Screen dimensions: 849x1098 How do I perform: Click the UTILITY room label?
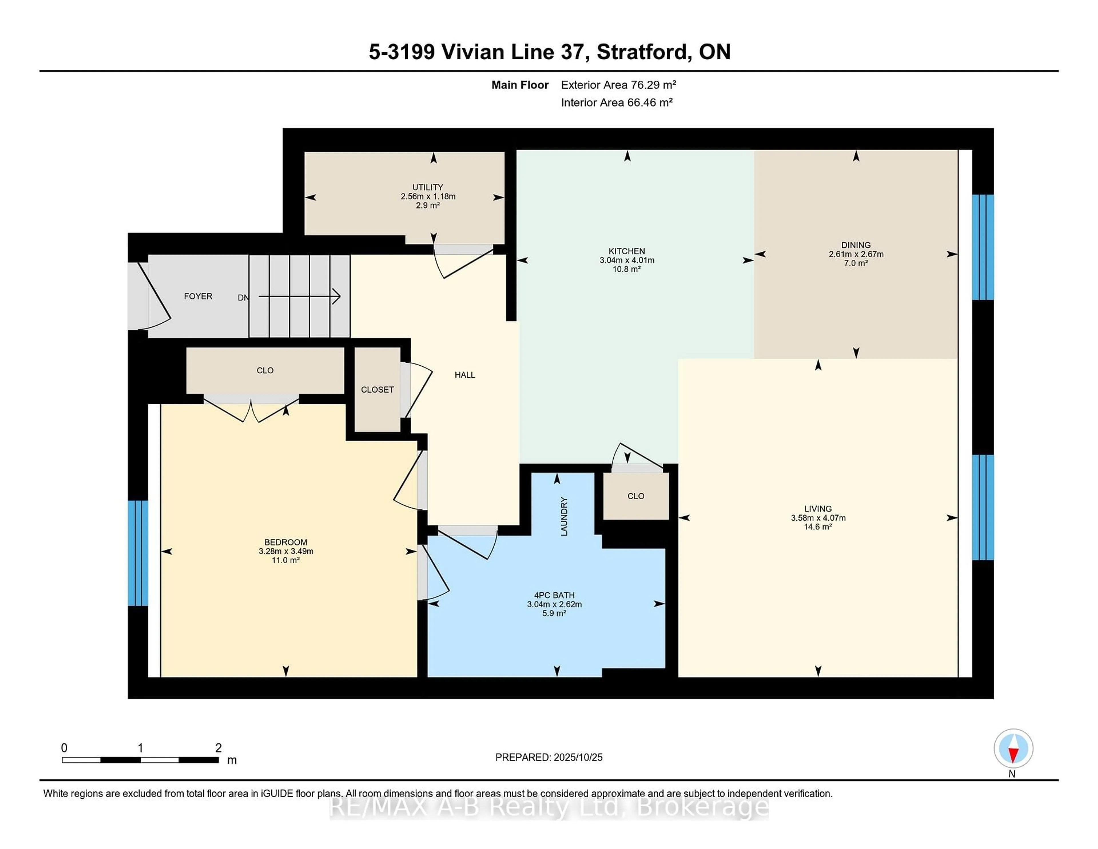(x=427, y=187)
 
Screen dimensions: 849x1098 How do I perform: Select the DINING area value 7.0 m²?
(x=856, y=263)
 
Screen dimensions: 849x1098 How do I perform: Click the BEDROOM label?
(x=286, y=542)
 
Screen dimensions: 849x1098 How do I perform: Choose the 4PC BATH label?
(x=554, y=595)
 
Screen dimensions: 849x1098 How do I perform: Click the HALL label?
(x=465, y=375)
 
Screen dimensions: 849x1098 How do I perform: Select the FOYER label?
(x=198, y=296)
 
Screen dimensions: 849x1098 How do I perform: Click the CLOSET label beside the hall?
(x=377, y=390)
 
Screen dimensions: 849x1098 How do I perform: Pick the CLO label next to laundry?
(x=635, y=496)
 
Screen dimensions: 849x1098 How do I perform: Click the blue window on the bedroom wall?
(x=138, y=553)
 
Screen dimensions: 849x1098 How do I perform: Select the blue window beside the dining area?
(x=982, y=247)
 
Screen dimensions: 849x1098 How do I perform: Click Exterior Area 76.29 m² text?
(x=618, y=85)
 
